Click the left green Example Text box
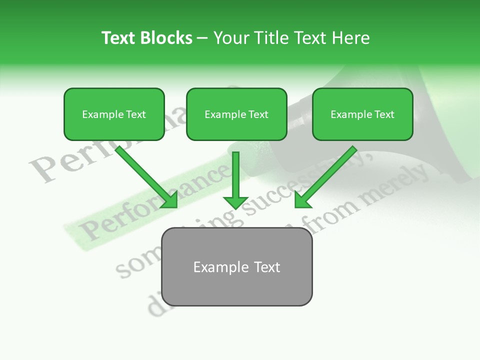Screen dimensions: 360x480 114,114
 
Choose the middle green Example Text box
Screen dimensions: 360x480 236,114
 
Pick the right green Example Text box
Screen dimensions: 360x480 362,114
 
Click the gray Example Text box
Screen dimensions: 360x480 236,267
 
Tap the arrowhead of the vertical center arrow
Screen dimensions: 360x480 235,202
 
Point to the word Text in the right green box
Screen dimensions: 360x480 384,114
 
